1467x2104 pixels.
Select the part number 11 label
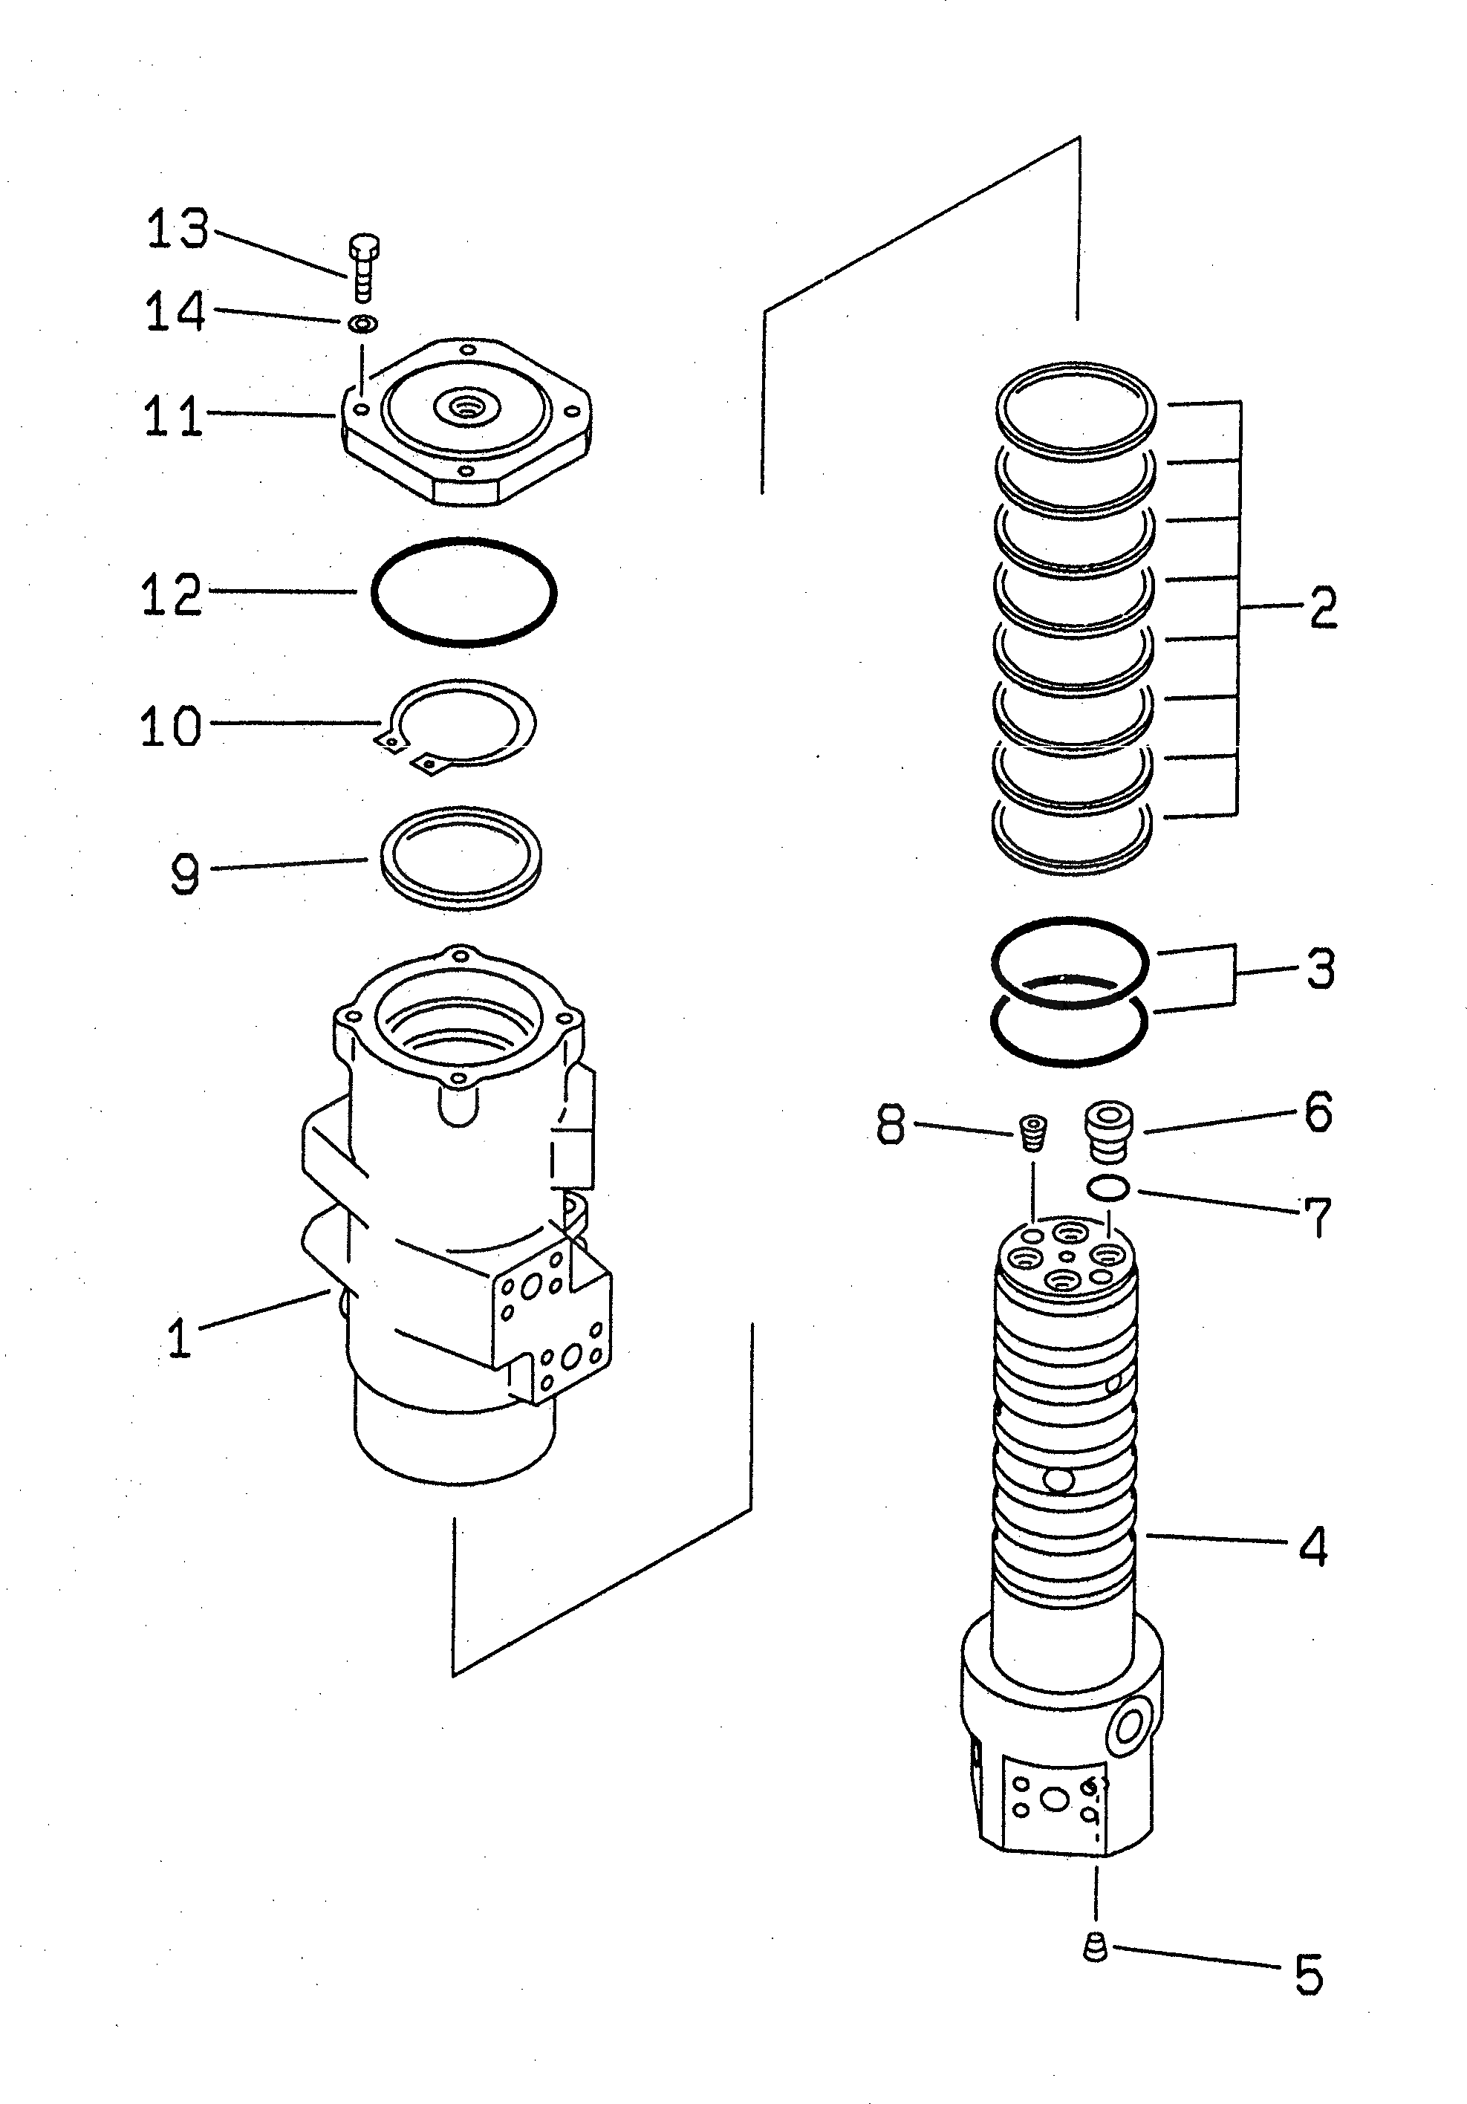(172, 417)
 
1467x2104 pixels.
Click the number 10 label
(170, 727)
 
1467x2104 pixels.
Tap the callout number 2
(1322, 607)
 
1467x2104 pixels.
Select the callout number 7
(1317, 1218)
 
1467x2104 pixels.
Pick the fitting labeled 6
(1107, 1130)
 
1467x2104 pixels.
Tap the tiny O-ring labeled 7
(1107, 1189)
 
